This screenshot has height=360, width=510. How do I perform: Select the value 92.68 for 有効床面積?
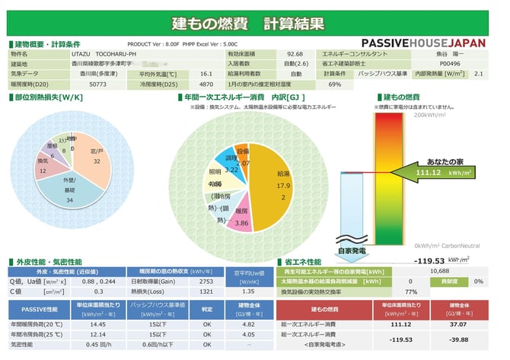click(x=295, y=55)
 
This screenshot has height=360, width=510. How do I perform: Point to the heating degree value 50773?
click(x=97, y=84)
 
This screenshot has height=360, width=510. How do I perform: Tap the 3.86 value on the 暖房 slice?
click(x=242, y=224)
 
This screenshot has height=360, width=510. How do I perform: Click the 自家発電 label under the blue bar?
click(x=352, y=249)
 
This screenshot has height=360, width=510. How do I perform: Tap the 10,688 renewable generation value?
click(x=439, y=271)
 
